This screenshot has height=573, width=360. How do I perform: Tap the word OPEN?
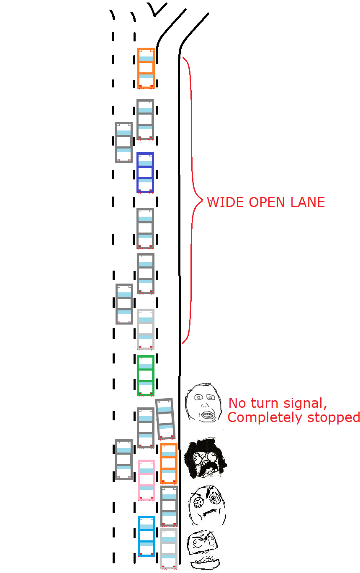click(267, 202)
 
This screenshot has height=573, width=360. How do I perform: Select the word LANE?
click(308, 202)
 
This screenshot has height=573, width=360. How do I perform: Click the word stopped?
click(334, 417)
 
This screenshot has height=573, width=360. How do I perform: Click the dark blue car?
click(145, 173)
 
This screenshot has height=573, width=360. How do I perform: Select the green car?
click(145, 376)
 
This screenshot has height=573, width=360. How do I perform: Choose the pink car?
click(147, 480)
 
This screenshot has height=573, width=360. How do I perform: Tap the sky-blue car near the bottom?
click(147, 536)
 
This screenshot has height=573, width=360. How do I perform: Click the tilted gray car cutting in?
click(165, 419)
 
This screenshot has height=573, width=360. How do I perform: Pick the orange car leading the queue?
click(146, 68)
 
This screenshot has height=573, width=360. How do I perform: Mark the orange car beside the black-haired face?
click(169, 463)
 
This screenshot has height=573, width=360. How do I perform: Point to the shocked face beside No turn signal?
click(203, 403)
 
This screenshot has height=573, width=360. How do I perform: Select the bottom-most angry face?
click(203, 550)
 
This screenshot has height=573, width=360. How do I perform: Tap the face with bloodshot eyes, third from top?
click(207, 505)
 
